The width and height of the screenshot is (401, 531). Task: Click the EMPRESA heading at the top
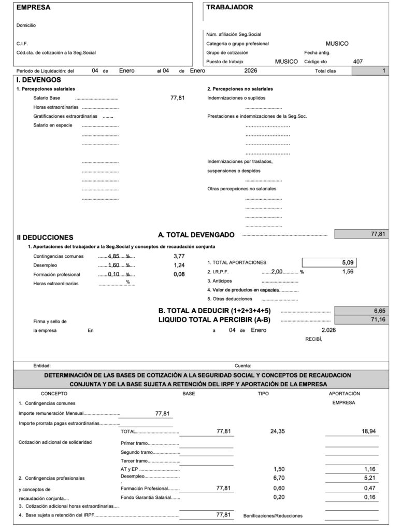click(x=34, y=8)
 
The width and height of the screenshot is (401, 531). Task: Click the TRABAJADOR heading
click(x=230, y=7)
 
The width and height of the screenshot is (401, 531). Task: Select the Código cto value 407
click(x=357, y=61)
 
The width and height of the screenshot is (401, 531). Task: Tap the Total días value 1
click(x=383, y=71)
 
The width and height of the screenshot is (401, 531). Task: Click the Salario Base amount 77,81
click(x=177, y=97)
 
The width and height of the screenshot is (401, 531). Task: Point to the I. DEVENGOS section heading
click(x=39, y=80)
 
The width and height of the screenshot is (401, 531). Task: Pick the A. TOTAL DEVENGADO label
click(x=196, y=235)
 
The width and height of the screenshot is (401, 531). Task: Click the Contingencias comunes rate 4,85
click(x=113, y=256)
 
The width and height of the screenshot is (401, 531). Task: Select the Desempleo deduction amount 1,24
click(x=179, y=265)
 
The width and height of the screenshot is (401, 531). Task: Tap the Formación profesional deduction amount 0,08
click(x=179, y=274)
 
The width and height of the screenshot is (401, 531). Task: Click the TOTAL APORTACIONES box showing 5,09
click(x=329, y=262)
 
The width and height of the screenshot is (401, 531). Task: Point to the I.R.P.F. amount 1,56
click(x=348, y=271)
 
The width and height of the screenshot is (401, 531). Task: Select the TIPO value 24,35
click(x=278, y=431)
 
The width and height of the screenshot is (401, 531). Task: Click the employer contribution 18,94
click(x=368, y=431)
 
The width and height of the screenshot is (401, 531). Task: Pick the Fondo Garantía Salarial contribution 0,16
click(x=369, y=497)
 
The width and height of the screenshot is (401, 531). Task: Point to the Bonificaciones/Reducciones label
click(x=273, y=515)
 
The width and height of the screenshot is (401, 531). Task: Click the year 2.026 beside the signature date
click(x=328, y=330)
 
